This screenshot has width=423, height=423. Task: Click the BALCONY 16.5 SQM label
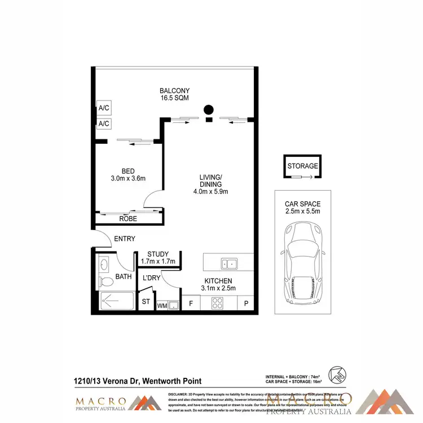click(x=174, y=94)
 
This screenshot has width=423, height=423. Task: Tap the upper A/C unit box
click(x=104, y=108)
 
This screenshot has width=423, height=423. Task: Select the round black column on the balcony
click(x=209, y=109)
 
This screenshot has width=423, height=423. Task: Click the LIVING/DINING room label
click(x=210, y=184)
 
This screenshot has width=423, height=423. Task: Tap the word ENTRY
click(x=125, y=239)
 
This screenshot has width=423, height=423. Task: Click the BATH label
click(x=123, y=276)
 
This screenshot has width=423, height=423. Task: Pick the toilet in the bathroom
click(x=104, y=281)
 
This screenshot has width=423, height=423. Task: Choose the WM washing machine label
click(x=161, y=306)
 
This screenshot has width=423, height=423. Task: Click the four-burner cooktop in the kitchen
click(x=218, y=303)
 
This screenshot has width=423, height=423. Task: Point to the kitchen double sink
click(x=229, y=263)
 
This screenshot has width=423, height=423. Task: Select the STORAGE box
click(x=302, y=166)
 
